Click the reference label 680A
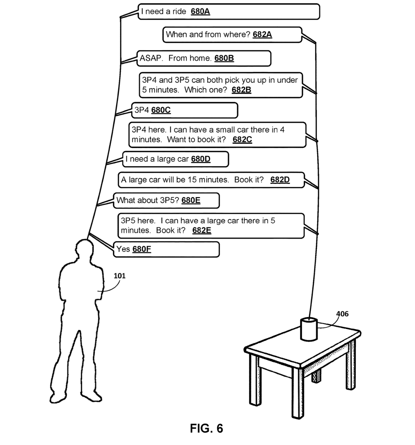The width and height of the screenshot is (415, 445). click(200, 11)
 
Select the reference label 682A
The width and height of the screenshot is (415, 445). click(262, 34)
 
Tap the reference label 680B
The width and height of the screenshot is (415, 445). click(224, 58)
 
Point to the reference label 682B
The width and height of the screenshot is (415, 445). click(241, 90)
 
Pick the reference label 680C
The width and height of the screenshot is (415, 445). click(161, 110)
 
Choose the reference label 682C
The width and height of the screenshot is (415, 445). click(242, 139)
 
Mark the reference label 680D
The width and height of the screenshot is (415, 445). click(201, 159)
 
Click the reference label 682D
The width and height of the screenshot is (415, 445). click(280, 180)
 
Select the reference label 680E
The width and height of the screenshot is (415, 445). click(191, 200)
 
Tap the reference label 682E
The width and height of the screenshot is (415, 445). click(202, 230)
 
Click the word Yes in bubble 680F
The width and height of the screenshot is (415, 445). click(123, 249)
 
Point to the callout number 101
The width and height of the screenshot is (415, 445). click(119, 276)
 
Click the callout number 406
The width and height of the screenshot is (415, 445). click(342, 314)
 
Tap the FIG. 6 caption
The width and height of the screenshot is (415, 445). click(206, 429)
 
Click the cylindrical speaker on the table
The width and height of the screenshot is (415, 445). click(309, 329)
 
